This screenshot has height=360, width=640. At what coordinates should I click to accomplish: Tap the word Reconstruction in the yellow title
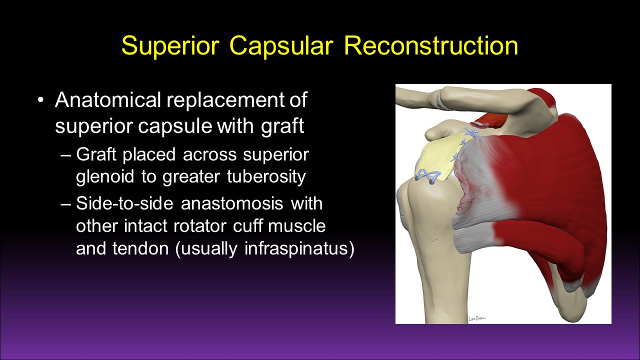coord(431,45)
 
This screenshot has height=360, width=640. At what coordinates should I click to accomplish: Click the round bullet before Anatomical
coord(41,100)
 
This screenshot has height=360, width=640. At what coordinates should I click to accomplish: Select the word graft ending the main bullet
coord(282,126)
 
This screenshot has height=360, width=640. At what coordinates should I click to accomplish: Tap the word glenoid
coord(105,176)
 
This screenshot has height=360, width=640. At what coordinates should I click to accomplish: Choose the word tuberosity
coord(266,177)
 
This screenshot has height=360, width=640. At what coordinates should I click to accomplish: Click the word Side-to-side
coord(124,203)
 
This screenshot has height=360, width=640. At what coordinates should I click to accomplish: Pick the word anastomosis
coord(232,203)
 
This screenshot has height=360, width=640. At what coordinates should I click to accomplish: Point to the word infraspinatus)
coord(299,249)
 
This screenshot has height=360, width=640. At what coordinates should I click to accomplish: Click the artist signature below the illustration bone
coord(477,318)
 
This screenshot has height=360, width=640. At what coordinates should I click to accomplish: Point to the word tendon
coord(140,249)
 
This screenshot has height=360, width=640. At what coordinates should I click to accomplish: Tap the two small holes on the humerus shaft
coord(435,241)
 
